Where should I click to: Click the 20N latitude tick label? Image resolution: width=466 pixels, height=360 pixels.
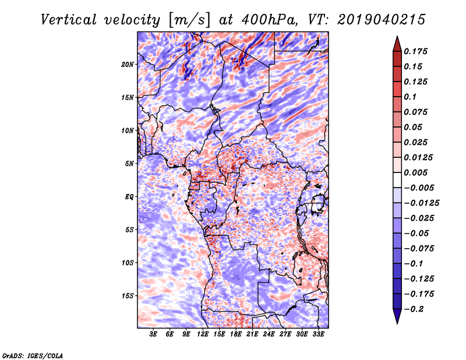tap(128, 64)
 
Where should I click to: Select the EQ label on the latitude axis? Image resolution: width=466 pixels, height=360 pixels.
tap(130, 197)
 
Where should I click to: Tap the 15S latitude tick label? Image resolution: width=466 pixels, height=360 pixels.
tap(128, 296)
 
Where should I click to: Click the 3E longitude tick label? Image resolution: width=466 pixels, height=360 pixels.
tap(154, 334)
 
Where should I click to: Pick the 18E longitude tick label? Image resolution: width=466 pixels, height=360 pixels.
tap(236, 334)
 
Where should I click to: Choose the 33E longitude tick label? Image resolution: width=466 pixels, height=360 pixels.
tap(317, 334)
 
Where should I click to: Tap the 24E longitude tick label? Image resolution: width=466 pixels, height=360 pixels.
tap(269, 334)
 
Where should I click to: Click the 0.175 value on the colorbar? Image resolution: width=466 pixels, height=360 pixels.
tap(418, 51)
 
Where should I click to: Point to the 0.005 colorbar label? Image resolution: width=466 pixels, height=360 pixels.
tap(418, 172)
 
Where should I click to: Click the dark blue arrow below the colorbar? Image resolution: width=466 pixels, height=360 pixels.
tap(396, 316)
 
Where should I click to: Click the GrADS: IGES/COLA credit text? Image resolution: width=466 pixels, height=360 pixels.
tap(33, 355)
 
